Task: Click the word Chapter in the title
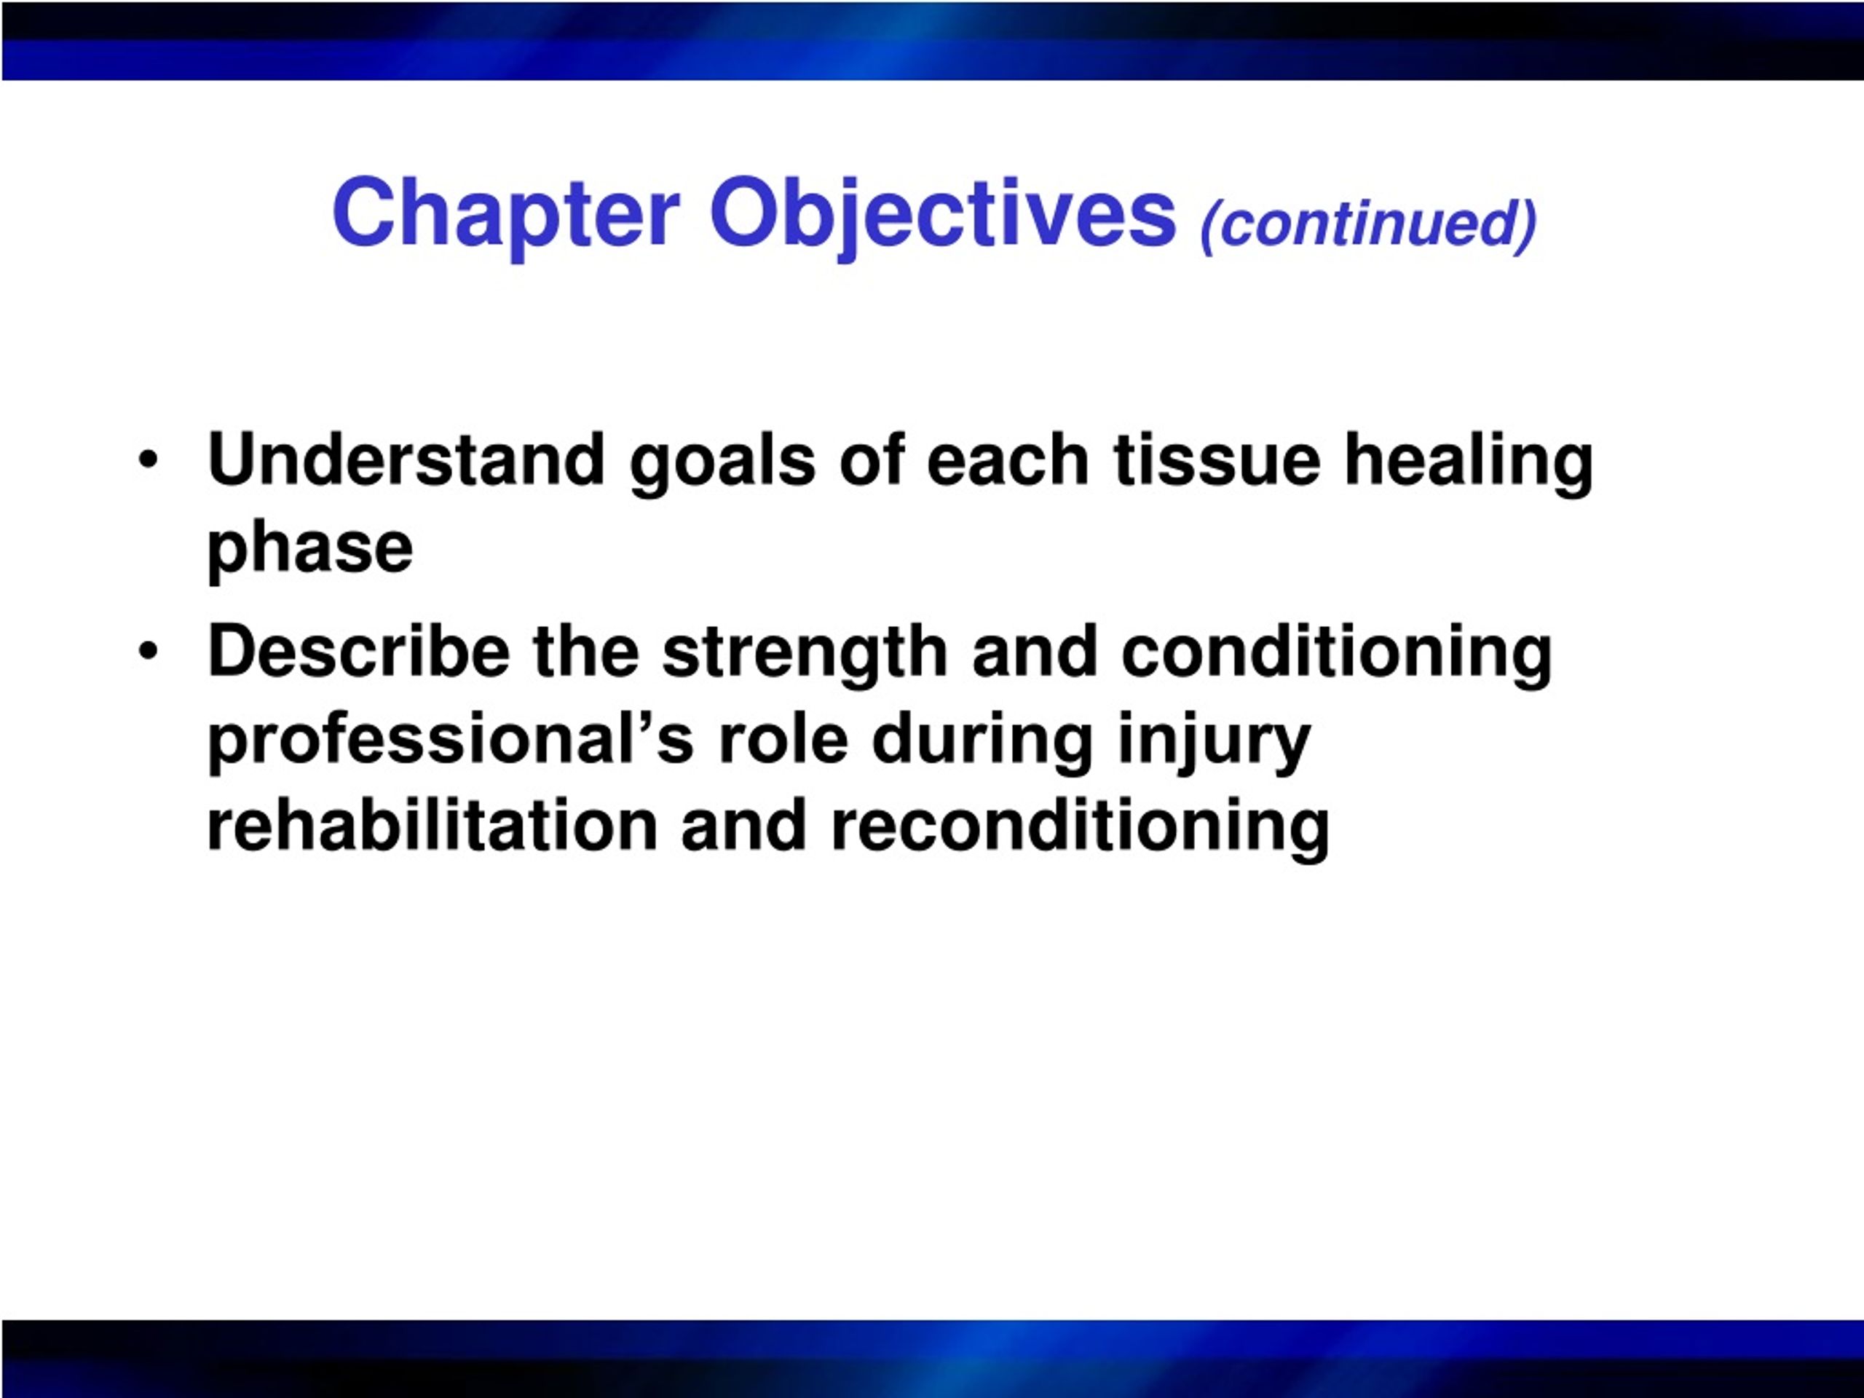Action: pos(505,215)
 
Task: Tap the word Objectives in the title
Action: pos(942,215)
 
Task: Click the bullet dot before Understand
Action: pos(149,460)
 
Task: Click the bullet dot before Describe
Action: pos(149,652)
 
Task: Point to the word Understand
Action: pos(406,459)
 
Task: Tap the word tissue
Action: pos(1216,460)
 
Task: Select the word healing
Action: pos(1469,465)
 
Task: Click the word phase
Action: pos(310,552)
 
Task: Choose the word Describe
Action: pos(359,652)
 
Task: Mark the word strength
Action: pos(805,657)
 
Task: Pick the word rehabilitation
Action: pos(433,826)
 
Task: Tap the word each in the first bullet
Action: pos(1008,460)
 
